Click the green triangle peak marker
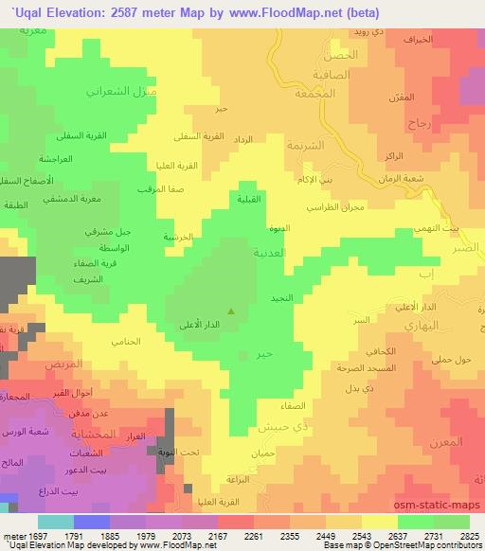coord(230,311)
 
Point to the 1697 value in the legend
coord(38,536)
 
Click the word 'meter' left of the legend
coord(14,536)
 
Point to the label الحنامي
coord(126,341)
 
